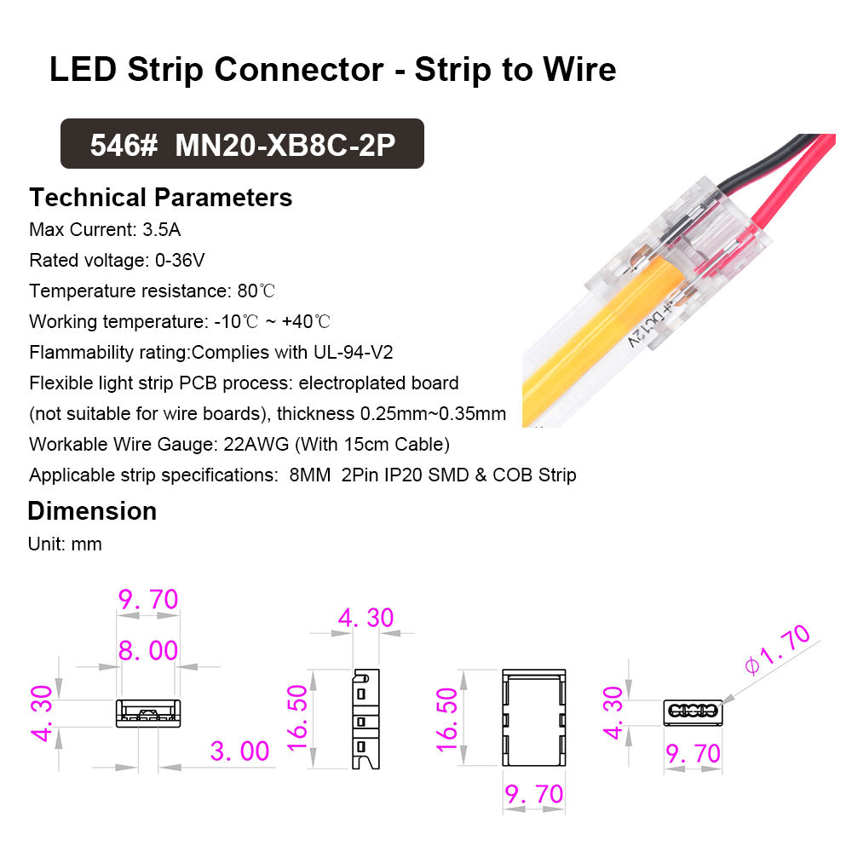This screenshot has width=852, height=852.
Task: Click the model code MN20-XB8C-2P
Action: pyautogui.click(x=285, y=145)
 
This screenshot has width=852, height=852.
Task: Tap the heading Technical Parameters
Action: pyautogui.click(x=161, y=198)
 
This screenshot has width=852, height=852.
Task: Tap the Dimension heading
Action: pyautogui.click(x=92, y=511)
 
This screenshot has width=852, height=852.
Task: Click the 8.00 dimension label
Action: pyautogui.click(x=148, y=651)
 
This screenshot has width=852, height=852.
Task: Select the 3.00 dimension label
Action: pyautogui.click(x=239, y=751)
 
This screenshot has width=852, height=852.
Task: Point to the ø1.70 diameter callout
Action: pyautogui.click(x=776, y=650)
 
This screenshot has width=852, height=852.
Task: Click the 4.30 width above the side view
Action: pyautogui.click(x=366, y=617)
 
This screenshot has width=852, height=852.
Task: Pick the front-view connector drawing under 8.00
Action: pyautogui.click(x=148, y=713)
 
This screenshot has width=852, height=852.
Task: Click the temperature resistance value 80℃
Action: pyautogui.click(x=256, y=291)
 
